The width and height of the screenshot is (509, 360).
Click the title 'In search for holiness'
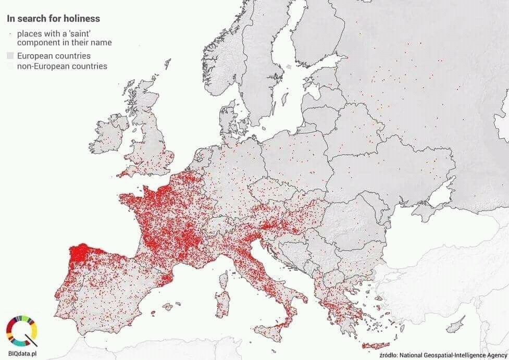coord(53,19)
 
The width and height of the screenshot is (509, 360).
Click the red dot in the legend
coord(10,33)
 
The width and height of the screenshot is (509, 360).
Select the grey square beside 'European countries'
coord(10,56)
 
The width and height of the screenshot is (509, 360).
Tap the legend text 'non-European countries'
coord(62,66)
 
